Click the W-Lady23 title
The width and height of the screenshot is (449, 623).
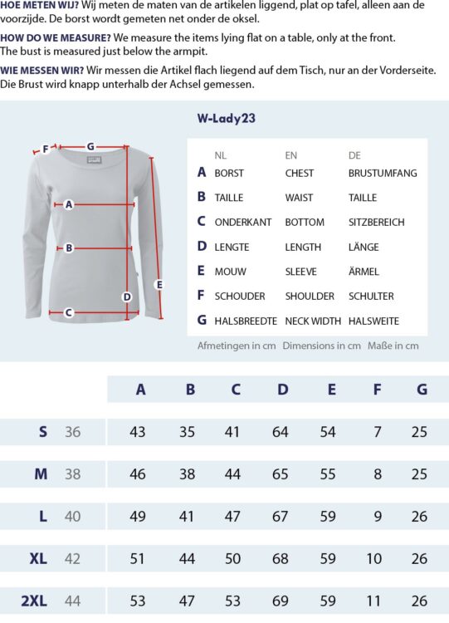point(226,118)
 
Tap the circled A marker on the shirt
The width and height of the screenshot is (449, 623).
point(69,204)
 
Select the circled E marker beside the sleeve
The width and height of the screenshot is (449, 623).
point(159,284)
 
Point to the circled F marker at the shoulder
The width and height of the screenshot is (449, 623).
point(46,150)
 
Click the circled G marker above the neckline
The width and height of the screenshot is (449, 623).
point(90,146)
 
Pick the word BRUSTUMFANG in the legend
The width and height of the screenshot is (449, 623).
point(383,173)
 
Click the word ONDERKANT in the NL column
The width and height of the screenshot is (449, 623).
point(242,222)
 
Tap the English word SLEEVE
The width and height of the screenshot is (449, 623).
point(301,271)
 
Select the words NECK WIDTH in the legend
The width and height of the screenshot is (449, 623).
point(313,321)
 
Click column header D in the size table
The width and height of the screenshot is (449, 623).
point(283,389)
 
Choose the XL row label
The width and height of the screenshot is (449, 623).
point(38,558)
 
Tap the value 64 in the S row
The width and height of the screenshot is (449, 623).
point(281,432)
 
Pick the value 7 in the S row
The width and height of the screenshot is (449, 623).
point(378,432)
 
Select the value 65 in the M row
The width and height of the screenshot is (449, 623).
point(281,474)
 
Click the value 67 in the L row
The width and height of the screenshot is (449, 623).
point(281,517)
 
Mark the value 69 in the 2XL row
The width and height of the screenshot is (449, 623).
point(281,601)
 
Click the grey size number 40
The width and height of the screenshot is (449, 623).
point(73,517)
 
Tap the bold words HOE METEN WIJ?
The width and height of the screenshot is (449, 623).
point(38,5)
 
